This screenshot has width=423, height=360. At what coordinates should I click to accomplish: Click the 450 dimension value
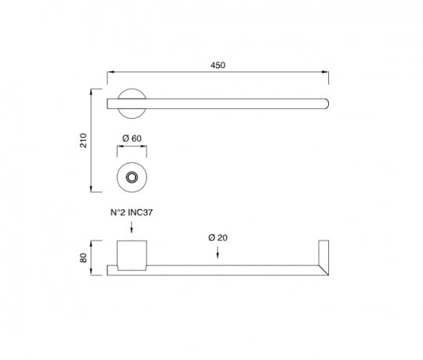click(218, 66)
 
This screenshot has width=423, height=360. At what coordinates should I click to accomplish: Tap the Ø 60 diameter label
click(131, 139)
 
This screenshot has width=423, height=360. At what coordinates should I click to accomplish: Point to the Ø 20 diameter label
click(218, 237)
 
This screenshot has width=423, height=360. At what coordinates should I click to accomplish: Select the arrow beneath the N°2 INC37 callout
click(131, 229)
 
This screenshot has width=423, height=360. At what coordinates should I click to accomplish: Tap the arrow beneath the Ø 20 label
click(218, 252)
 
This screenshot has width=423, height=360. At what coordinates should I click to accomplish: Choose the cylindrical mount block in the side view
click(131, 255)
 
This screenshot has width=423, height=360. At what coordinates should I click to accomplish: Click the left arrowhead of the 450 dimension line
click(108, 76)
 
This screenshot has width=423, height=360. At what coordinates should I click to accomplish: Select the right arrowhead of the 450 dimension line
click(327, 76)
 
